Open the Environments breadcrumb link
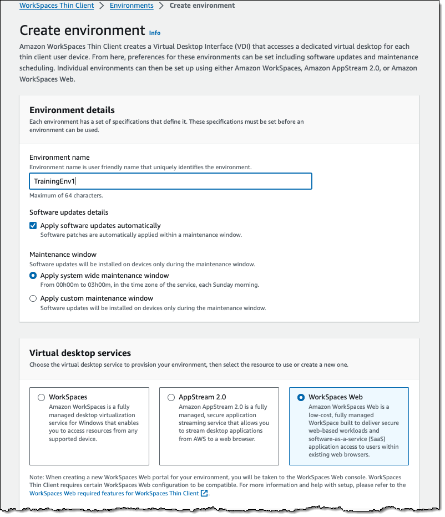tap(132, 6)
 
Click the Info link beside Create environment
tap(155, 33)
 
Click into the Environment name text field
tap(170, 181)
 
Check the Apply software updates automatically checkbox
tap(33, 226)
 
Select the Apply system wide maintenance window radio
tap(33, 276)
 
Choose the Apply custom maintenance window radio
tap(33, 298)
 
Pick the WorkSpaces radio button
tap(42, 397)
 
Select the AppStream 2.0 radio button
tap(171, 397)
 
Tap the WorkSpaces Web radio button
tap(301, 397)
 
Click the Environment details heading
tap(72, 110)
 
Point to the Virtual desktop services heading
tap(80, 353)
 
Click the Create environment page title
tap(82, 30)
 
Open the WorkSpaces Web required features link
tap(114, 493)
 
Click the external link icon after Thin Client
tap(204, 493)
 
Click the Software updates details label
tap(69, 212)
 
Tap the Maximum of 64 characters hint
tap(66, 195)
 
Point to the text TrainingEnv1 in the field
tap(54, 181)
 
